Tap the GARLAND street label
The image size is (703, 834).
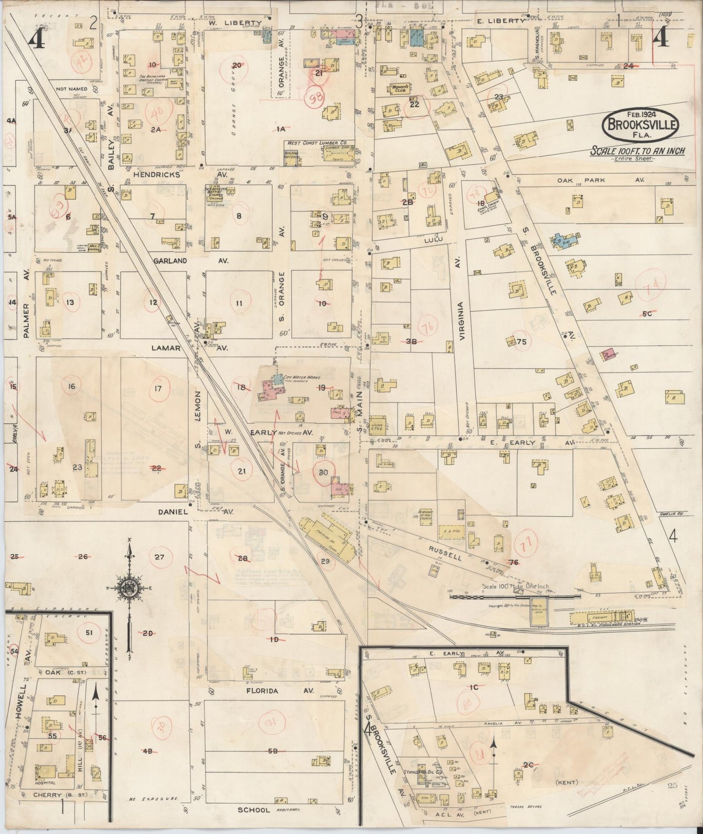[x=170, y=261]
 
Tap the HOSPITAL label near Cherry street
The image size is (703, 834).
[x=45, y=783]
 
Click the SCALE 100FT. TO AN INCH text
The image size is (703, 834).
[x=637, y=151]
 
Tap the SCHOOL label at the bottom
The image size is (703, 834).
[x=253, y=810]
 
